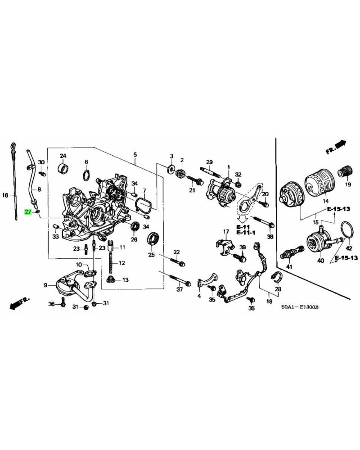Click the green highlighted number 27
pos(28,211)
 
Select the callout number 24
pos(63,156)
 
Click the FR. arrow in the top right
pos(336,147)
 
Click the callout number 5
pos(135,155)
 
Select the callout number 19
pos(347,184)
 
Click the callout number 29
pos(209,162)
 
